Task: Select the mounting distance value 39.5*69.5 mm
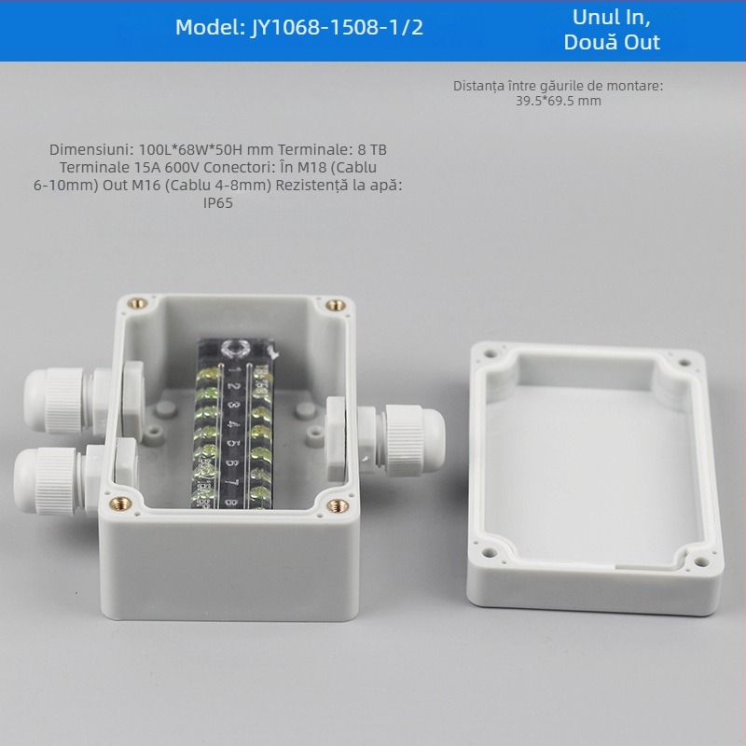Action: tap(559, 101)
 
